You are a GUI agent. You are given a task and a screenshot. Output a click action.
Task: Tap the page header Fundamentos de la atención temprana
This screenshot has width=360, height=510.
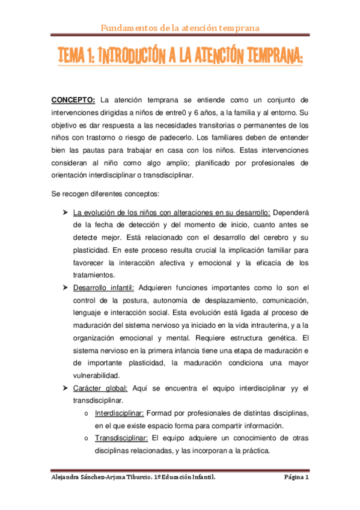coord(179,28)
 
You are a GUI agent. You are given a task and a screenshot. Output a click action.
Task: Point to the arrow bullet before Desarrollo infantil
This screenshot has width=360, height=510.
coord(64,287)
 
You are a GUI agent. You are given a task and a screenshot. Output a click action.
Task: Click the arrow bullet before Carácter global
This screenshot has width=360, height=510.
coord(64,389)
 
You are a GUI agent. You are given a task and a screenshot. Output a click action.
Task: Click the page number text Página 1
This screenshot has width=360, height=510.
coord(296,478)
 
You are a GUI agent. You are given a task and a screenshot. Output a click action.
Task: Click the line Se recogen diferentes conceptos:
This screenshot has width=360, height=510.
coord(102,194)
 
